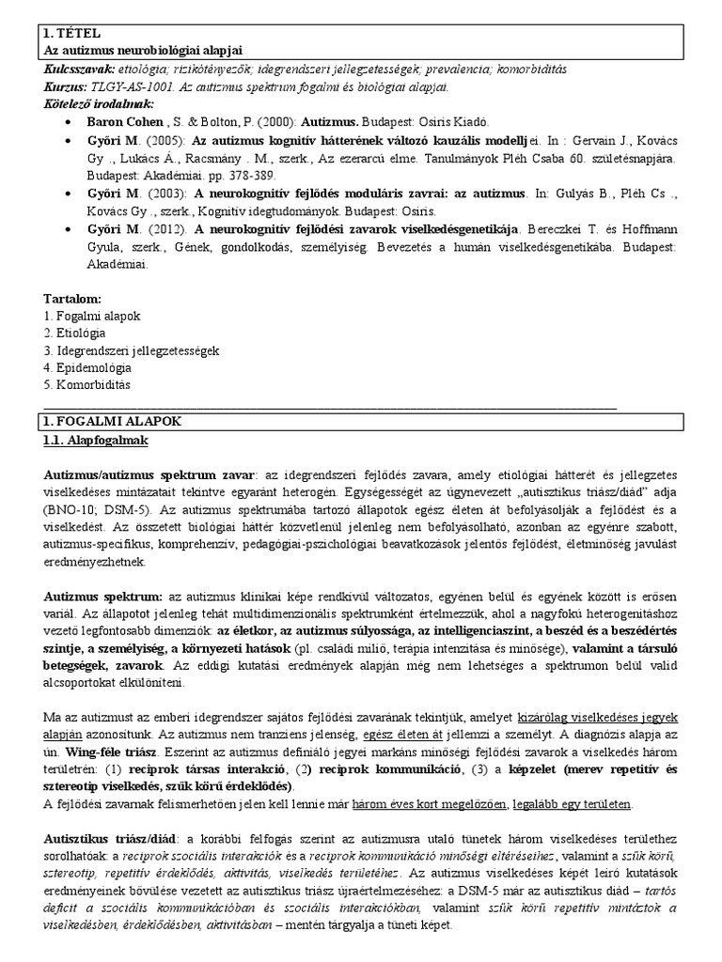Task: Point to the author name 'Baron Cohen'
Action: click(122, 122)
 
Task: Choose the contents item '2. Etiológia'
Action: click(75, 333)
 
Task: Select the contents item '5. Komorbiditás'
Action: click(84, 385)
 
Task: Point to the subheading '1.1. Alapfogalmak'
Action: click(96, 440)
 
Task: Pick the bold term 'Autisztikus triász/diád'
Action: click(115, 839)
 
